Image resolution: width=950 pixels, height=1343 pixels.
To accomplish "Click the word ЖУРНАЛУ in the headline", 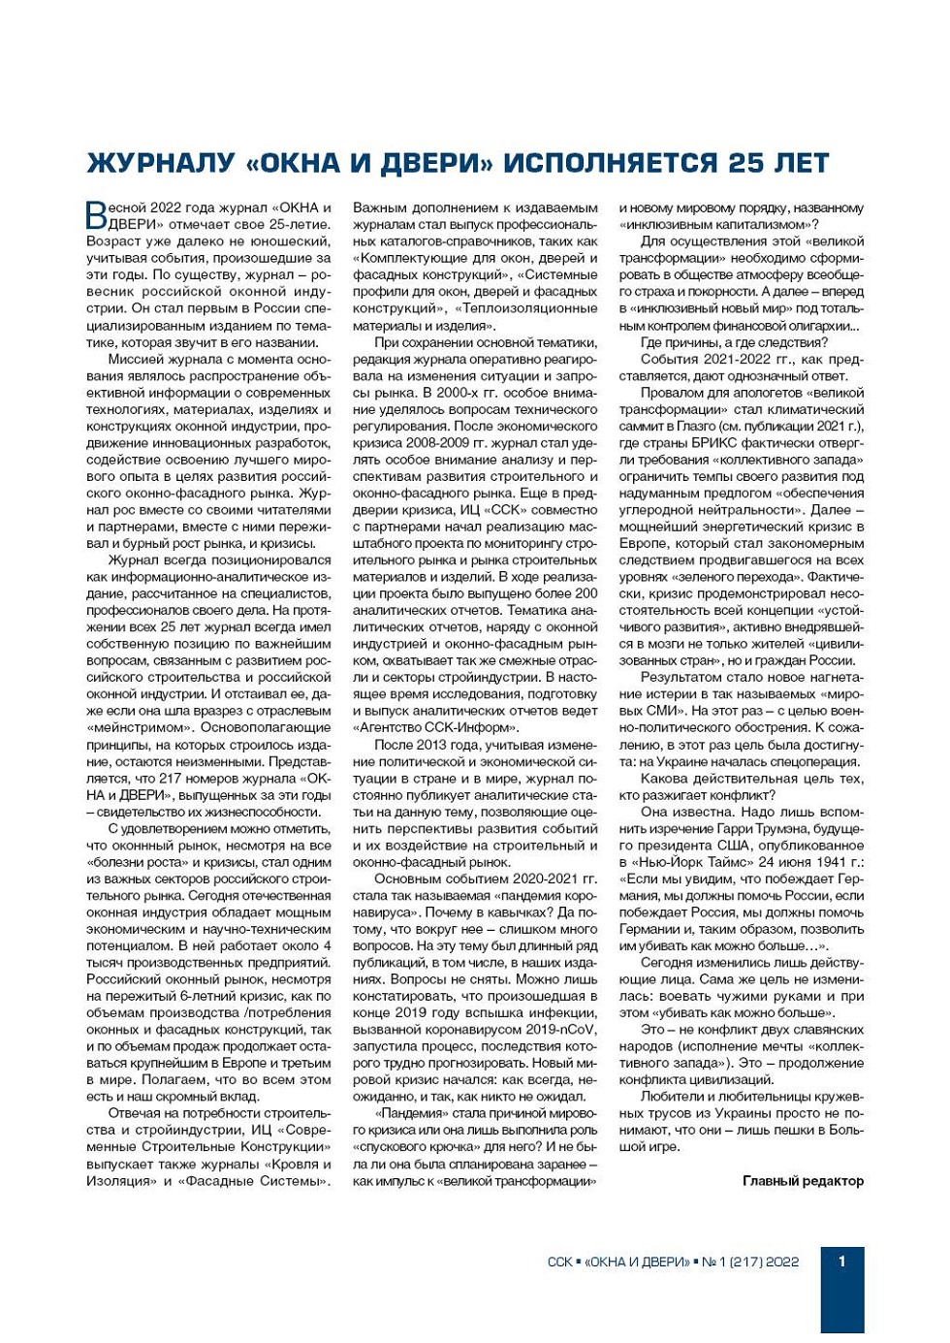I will (161, 163).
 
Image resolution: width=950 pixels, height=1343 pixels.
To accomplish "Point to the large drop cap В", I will (96, 215).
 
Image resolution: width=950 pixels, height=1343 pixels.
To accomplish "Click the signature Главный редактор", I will (803, 1181).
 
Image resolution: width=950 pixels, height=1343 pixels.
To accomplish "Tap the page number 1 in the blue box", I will (841, 1261).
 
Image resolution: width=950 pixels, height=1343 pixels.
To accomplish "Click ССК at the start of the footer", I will (559, 1262).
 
